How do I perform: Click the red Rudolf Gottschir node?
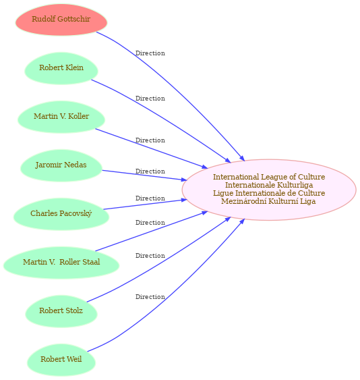click(x=61, y=20)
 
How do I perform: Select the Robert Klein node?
click(x=61, y=68)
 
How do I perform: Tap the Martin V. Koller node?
click(x=61, y=117)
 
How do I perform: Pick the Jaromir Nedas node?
click(x=61, y=165)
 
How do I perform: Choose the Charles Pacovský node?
click(x=61, y=214)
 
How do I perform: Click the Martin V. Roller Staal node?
click(x=61, y=263)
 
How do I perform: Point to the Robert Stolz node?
click(x=61, y=311)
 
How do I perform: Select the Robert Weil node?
click(x=61, y=360)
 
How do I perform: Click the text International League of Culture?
click(x=269, y=177)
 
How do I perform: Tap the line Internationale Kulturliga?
click(x=269, y=185)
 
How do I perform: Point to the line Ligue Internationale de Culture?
click(x=269, y=193)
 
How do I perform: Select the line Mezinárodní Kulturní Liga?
click(x=268, y=201)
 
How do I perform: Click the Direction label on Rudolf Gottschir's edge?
click(x=150, y=53)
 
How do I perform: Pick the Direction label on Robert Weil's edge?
click(x=150, y=297)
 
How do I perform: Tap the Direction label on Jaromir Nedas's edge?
click(x=150, y=171)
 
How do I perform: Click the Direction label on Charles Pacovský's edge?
click(x=150, y=198)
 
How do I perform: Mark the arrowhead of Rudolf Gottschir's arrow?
click(x=242, y=158)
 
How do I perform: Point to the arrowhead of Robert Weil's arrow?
click(x=242, y=221)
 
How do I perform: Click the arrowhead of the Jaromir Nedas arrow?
click(x=184, y=180)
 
